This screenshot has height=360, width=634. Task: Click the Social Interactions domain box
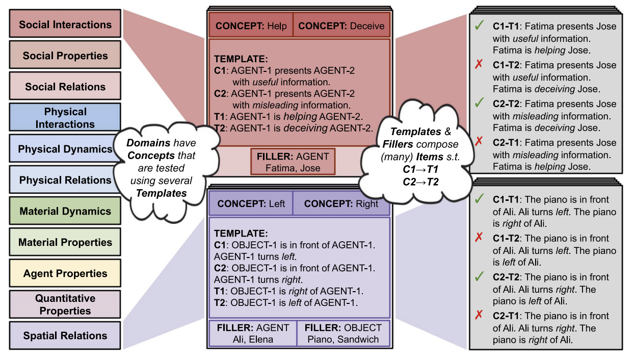65,24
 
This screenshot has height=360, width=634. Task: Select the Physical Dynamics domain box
65,149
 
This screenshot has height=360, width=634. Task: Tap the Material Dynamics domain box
65,211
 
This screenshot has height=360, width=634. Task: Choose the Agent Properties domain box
65,273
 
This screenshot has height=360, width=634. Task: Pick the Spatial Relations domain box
65,336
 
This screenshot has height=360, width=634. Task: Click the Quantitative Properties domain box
65,304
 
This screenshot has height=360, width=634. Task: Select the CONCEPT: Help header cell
251,26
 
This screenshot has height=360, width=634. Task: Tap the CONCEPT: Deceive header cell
341,26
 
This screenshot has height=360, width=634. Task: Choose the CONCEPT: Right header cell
341,204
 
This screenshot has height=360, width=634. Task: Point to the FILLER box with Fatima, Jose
293,162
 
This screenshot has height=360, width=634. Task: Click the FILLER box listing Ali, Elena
253,333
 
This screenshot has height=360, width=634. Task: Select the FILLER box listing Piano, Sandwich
343,333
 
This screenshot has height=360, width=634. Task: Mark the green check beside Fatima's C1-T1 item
479,25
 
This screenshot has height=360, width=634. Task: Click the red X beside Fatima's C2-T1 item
479,142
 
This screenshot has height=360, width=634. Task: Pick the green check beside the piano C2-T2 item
479,276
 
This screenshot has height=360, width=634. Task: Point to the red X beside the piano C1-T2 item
479,238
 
